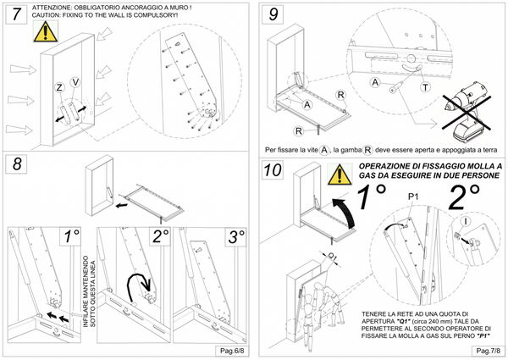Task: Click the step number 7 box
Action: pos(16,14)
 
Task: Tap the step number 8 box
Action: pos(17,164)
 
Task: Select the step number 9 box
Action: pos(273,14)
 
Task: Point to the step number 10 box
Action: pos(273,169)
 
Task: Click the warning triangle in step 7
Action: pos(46,31)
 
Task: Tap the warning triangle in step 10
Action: pos(340,174)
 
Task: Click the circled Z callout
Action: pos(59,87)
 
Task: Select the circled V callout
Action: pos(75,82)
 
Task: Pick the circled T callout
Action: pos(425,87)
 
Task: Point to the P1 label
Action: pos(413,197)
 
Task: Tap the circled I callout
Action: pos(466,221)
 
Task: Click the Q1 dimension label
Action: pos(332,256)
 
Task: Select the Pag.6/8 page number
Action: pos(232,351)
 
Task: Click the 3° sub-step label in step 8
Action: pos(236,237)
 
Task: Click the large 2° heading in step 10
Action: pos(464,197)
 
